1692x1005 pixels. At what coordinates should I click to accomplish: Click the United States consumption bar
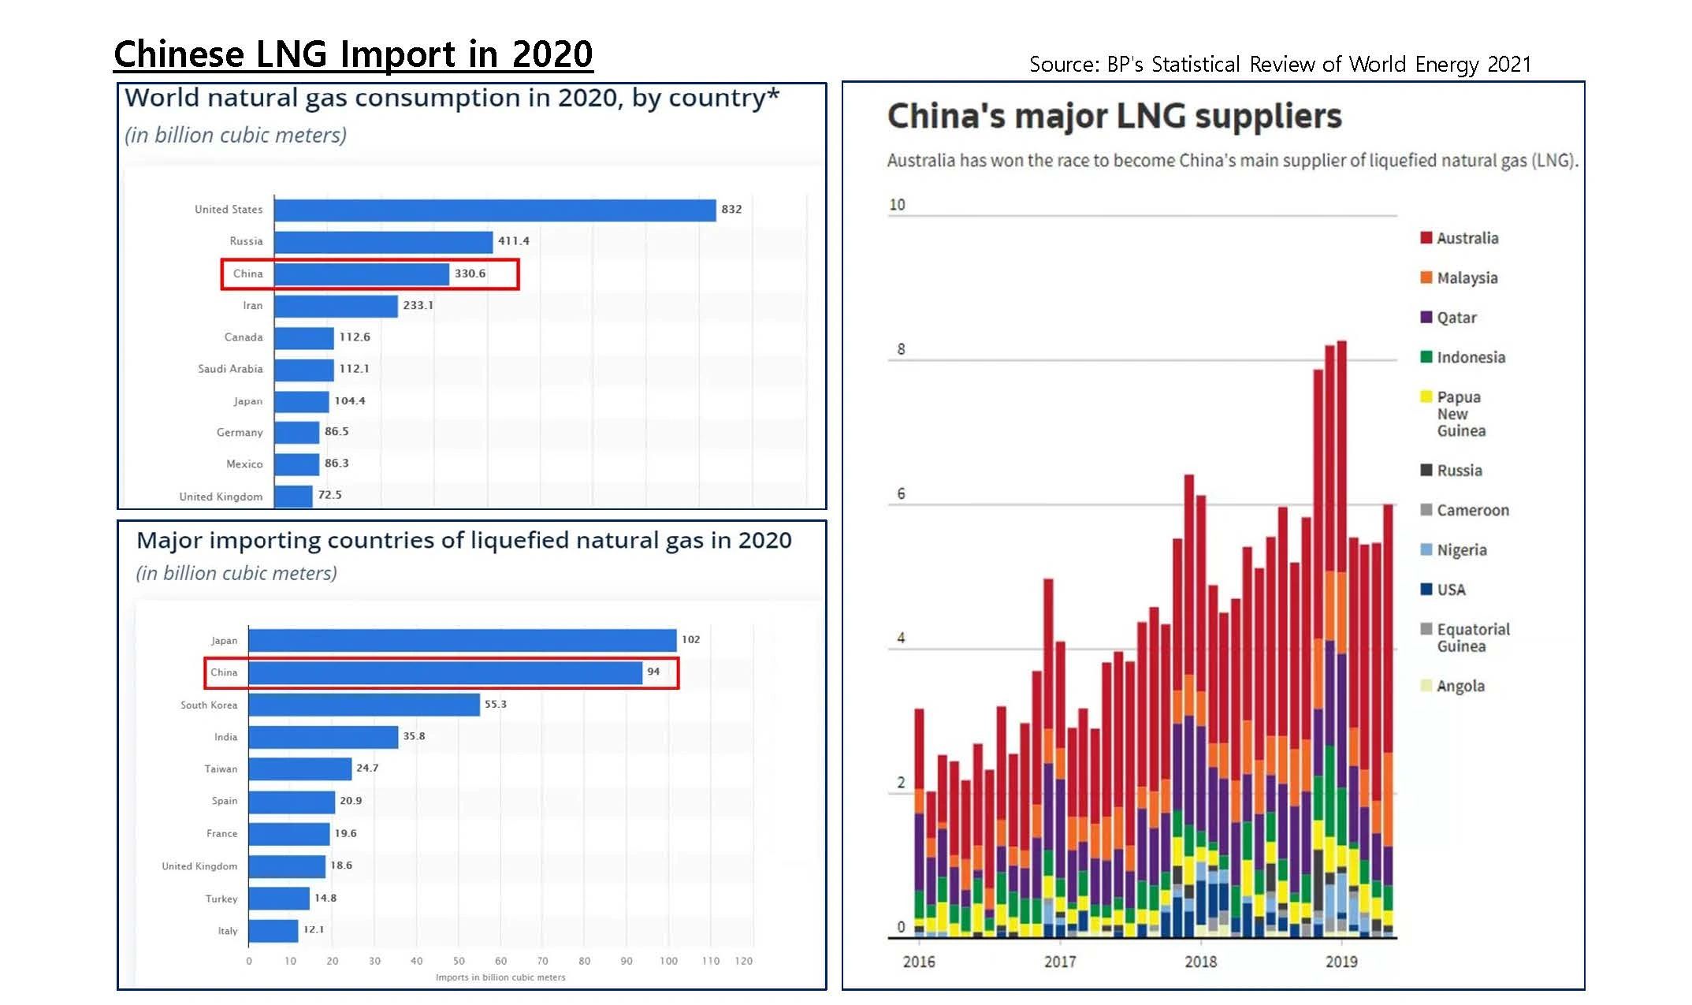pos(495,210)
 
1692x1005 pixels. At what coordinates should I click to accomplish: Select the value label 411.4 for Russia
pos(513,241)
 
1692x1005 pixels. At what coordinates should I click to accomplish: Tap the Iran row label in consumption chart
pos(252,306)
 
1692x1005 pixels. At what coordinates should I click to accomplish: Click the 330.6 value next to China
pos(470,274)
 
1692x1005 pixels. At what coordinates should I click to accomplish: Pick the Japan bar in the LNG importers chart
pos(462,640)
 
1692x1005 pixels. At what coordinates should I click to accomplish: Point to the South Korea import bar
pos(364,705)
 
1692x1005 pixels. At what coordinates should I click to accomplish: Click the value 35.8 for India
pos(414,736)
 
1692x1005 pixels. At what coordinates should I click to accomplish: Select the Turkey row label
pos(221,899)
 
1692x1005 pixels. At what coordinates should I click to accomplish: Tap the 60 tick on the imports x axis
pos(500,961)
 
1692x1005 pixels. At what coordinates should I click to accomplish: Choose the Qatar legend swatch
pos(1426,317)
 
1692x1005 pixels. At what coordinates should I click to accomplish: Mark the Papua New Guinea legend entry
pos(1460,414)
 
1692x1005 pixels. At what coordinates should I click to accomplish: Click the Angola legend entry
pos(1460,686)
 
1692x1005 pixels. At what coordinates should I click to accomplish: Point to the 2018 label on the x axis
pos(1200,962)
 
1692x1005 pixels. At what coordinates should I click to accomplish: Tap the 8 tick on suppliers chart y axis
pos(901,349)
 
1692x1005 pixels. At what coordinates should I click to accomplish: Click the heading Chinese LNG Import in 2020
pos(353,54)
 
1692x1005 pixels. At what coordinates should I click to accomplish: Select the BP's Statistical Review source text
pos(1280,64)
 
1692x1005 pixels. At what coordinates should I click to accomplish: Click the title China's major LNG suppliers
pos(1114,116)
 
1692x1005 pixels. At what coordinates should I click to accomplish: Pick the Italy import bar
pos(273,931)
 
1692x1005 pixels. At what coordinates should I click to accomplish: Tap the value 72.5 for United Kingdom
pos(329,495)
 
